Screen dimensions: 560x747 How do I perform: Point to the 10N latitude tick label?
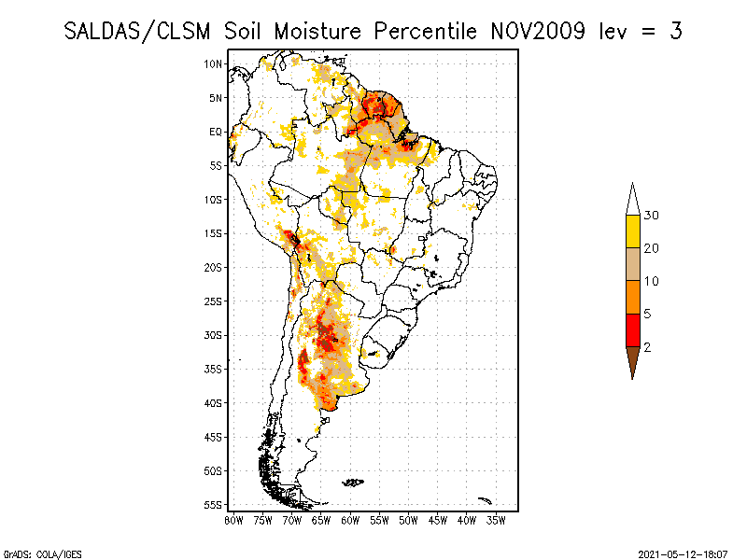pos(214,63)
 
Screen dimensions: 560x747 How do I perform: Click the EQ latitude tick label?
pos(216,132)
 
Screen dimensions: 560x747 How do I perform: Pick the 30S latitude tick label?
pos(214,335)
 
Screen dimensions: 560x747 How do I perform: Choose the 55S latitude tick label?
pos(214,505)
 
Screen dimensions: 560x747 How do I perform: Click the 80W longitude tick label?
pos(233,520)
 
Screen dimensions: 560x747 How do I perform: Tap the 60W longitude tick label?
pos(350,520)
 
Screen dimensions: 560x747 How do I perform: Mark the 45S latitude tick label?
pos(214,437)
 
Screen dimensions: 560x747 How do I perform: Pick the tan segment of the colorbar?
pos(633,264)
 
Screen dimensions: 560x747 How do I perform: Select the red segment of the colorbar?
pos(633,329)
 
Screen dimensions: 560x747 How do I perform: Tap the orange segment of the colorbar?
pos(633,297)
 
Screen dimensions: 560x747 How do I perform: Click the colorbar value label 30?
pos(652,216)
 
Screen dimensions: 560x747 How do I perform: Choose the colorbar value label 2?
pos(648,346)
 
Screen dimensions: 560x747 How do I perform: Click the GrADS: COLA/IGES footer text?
pos(31,553)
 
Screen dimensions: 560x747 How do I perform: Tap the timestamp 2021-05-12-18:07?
pos(682,553)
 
